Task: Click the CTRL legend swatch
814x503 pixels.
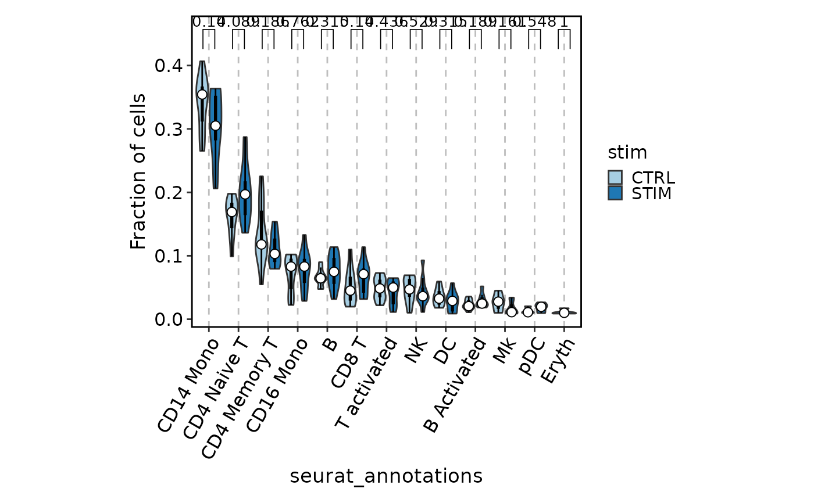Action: coord(615,177)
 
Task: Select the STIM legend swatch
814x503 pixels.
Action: coord(615,192)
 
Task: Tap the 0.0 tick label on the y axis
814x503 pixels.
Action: coord(167,319)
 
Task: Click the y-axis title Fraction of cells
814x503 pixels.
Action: coord(138,171)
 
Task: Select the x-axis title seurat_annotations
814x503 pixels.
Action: coord(386,476)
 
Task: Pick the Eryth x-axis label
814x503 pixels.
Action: coord(558,361)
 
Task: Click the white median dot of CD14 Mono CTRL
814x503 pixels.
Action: coord(202,95)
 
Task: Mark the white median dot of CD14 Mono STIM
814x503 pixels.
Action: coord(215,125)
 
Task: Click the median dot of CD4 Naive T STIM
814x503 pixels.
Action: coord(245,194)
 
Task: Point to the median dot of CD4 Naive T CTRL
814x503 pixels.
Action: coord(231,212)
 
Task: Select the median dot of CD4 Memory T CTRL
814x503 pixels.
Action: coord(261,244)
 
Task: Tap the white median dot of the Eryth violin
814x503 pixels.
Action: coord(564,312)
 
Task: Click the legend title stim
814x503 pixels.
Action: coord(627,153)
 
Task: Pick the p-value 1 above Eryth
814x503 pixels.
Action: coord(564,22)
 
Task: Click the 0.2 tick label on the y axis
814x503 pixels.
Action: coord(167,192)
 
